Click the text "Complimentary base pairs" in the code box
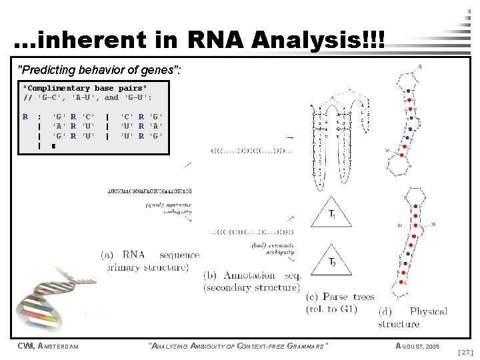(85, 88)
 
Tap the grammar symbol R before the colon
(25, 117)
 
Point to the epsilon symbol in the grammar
(54, 145)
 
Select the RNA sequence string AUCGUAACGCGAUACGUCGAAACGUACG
(150, 191)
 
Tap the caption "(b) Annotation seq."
(251, 275)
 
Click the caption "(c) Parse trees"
(340, 297)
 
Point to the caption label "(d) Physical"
(413, 311)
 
